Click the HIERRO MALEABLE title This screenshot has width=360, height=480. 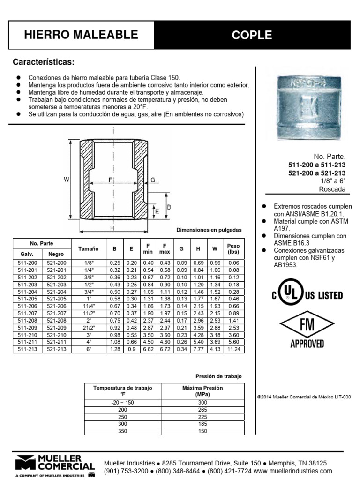81,35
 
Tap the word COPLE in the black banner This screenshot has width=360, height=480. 252,35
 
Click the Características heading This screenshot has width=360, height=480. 44,62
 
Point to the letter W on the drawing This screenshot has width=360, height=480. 67,179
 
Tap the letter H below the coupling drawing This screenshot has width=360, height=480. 112,228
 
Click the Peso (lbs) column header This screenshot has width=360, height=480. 233,248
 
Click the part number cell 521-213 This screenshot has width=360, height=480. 56,349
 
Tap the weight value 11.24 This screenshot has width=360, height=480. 233,349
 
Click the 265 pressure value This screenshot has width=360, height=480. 202,409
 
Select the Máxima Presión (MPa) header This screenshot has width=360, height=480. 202,391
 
